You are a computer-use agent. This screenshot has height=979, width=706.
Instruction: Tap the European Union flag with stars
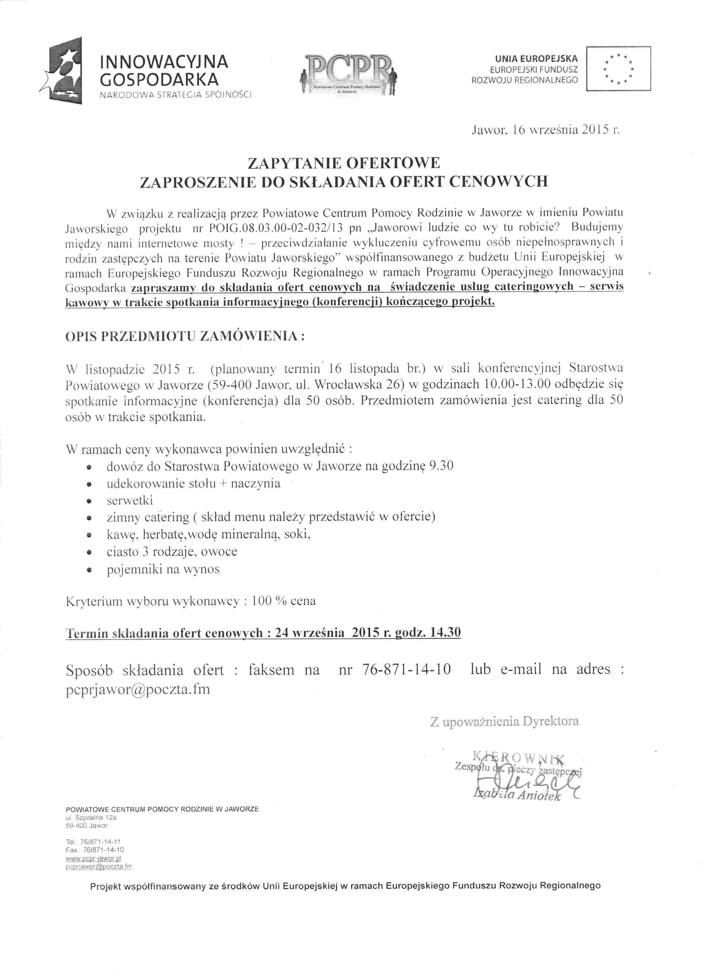pyautogui.click(x=618, y=68)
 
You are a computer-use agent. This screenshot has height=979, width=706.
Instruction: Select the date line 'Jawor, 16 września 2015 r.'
pyautogui.click(x=546, y=130)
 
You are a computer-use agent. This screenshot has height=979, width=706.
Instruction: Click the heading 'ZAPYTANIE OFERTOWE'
pyautogui.click(x=343, y=163)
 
